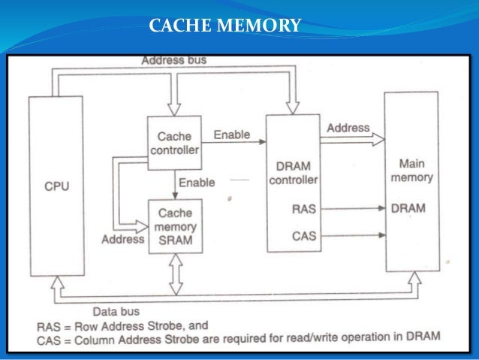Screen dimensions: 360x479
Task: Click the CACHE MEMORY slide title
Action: click(225, 28)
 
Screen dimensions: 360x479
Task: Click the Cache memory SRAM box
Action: click(175, 226)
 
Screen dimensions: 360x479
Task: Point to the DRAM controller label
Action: click(292, 171)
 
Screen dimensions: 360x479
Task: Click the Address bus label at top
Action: click(174, 59)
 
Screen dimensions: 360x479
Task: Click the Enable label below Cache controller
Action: click(197, 183)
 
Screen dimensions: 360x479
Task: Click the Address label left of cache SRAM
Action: click(123, 239)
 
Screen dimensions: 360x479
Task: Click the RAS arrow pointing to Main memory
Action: click(353, 210)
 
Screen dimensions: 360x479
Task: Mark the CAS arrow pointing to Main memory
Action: click(353, 236)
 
